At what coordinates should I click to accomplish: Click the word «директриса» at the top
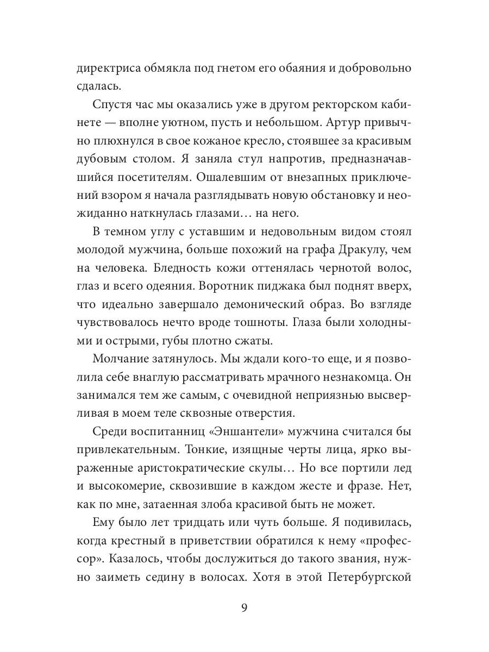pyautogui.click(x=109, y=69)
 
